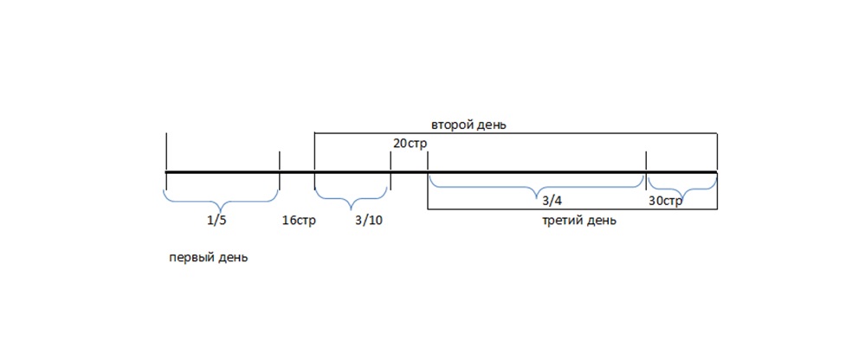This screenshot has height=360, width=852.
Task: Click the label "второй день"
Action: coord(468,125)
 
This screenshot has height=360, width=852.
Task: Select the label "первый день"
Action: coord(208,257)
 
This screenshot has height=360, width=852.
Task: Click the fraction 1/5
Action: coord(216,220)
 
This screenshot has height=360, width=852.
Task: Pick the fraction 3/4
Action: coord(551,200)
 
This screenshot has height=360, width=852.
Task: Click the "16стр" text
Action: coord(299,220)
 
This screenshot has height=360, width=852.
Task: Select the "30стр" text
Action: coord(666,200)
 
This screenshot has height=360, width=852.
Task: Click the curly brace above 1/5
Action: coord(222,197)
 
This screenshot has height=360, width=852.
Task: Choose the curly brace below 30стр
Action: coord(682,185)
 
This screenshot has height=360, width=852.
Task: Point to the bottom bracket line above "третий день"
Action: coord(571,209)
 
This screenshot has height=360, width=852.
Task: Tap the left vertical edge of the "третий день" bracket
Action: coord(428,190)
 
